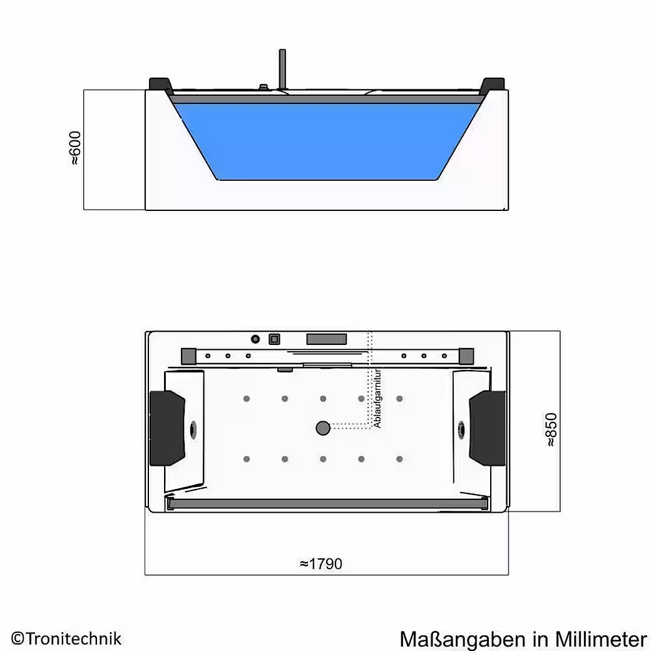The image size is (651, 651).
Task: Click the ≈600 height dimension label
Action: [x=76, y=148]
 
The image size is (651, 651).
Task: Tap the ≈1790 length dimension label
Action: [x=321, y=564]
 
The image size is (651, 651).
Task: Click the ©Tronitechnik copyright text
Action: [x=66, y=638]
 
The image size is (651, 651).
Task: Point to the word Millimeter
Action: [x=601, y=639]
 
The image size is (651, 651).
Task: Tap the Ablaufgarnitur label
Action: [x=377, y=398]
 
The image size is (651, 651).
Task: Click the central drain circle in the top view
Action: [x=323, y=428]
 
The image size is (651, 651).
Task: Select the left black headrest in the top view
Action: [x=167, y=428]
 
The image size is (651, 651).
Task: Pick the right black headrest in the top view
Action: [x=488, y=428]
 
